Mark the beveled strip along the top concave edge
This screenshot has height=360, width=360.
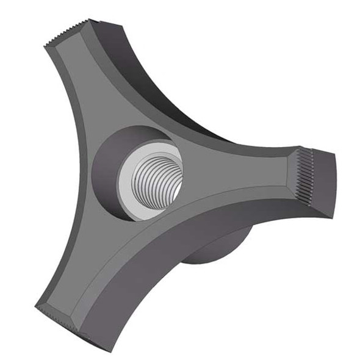183,128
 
